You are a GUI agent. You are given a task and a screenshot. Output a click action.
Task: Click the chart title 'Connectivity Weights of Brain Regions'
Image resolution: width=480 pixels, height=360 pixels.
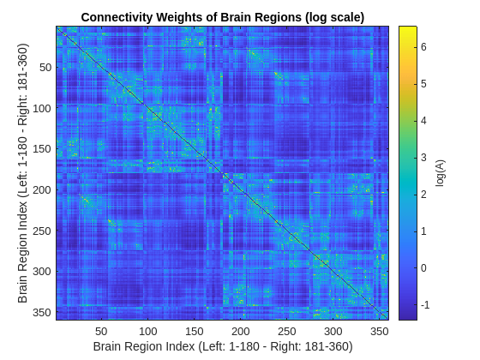[x=222, y=17]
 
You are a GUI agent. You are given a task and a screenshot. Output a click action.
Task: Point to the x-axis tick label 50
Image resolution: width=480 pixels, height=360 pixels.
[x=101, y=331]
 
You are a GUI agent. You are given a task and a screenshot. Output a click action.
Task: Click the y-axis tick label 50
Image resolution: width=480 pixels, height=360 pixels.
[x=46, y=68]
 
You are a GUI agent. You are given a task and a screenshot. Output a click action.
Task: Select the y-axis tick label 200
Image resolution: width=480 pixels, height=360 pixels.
[x=43, y=189]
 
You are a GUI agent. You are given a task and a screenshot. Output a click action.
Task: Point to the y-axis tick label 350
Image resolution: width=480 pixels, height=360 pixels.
[x=43, y=311]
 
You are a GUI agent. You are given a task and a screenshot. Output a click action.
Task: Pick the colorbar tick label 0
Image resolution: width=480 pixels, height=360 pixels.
[x=423, y=267]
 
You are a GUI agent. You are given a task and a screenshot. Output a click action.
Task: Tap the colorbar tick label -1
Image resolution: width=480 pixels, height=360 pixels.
[x=424, y=304]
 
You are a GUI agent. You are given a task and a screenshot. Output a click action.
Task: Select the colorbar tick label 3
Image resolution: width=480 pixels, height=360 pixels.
[x=423, y=157]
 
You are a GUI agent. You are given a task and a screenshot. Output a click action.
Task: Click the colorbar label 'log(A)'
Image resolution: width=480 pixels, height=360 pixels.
[x=441, y=172]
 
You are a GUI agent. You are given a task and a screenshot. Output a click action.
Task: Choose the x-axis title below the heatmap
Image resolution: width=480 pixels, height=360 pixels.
[x=222, y=346]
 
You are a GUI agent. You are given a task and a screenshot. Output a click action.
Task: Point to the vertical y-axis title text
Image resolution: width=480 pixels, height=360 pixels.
[x=24, y=172]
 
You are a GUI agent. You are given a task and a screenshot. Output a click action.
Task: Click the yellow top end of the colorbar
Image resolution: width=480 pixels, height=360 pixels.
[x=407, y=31]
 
